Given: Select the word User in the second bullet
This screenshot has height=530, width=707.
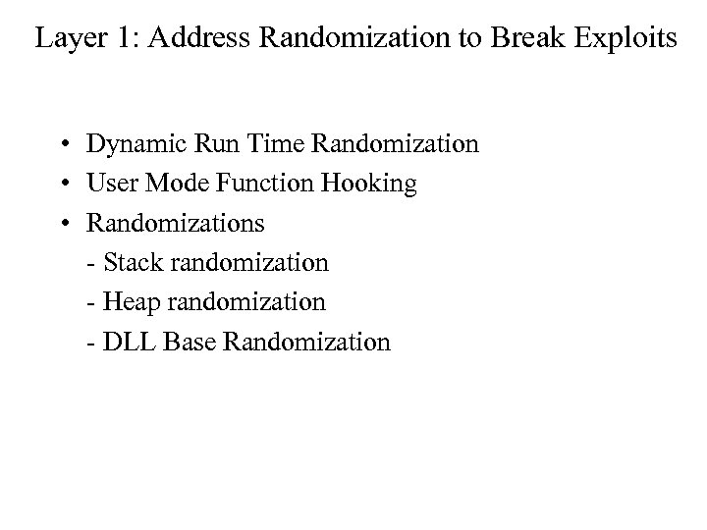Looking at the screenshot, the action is [x=109, y=185].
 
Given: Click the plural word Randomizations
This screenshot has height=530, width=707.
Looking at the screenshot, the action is [x=176, y=224].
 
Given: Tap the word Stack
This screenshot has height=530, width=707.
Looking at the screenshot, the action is [x=127, y=263].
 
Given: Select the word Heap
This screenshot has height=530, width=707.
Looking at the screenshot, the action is [x=126, y=302].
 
